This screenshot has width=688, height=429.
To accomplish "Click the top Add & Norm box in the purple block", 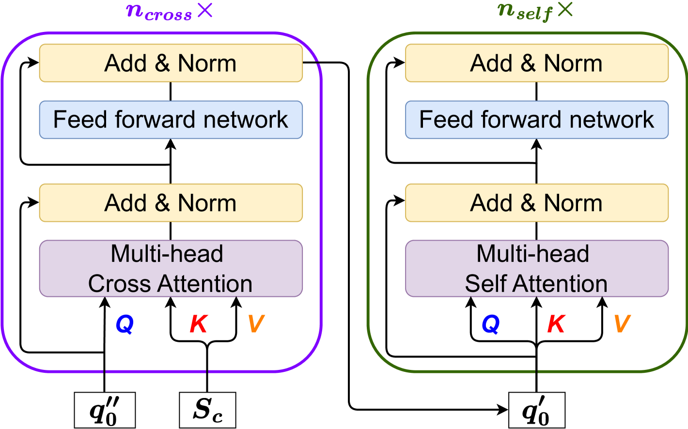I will click(x=171, y=63).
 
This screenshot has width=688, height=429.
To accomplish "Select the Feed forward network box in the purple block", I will click(x=171, y=120).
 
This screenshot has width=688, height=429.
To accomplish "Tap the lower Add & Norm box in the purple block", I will click(x=171, y=202).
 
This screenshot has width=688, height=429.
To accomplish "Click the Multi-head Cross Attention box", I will click(x=171, y=268).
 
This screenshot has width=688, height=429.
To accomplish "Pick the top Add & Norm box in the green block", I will click(x=536, y=63).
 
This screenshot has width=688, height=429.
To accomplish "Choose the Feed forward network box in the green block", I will click(x=536, y=120).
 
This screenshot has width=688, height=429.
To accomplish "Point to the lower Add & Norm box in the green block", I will click(x=536, y=202).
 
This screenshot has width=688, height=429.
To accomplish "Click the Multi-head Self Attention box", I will click(x=536, y=268).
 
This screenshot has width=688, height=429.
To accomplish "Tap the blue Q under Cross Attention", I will click(x=125, y=324).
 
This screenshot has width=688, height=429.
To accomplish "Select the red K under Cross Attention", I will click(x=199, y=324).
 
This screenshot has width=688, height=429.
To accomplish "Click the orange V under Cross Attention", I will click(x=256, y=324).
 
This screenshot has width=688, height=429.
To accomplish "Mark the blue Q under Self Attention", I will click(x=491, y=324).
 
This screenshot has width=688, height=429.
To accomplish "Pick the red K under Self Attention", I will click(x=556, y=324).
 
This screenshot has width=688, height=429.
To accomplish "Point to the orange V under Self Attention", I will click(x=622, y=324).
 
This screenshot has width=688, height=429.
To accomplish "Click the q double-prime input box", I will click(x=104, y=410).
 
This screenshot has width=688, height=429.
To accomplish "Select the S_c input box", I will click(x=207, y=410).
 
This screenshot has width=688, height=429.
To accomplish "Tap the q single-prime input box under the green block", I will click(x=536, y=410).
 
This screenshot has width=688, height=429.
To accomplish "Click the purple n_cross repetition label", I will click(x=169, y=12).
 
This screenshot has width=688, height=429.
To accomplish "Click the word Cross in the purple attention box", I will click(x=120, y=284).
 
